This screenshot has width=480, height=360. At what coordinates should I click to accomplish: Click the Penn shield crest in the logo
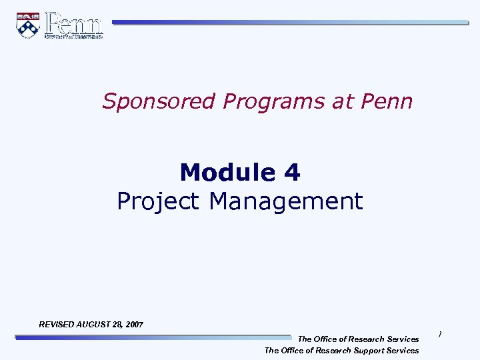[x=27, y=25]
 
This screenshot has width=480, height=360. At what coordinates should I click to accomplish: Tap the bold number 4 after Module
[x=291, y=173]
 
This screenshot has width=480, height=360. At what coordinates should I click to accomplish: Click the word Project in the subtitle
[x=159, y=201]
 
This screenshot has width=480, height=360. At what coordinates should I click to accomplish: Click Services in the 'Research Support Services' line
[x=403, y=351]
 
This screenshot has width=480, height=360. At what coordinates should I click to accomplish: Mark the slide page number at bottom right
[x=440, y=335]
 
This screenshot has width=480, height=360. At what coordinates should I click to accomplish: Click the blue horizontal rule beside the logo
[x=290, y=22]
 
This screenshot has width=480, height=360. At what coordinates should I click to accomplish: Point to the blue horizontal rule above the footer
[x=153, y=338]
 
